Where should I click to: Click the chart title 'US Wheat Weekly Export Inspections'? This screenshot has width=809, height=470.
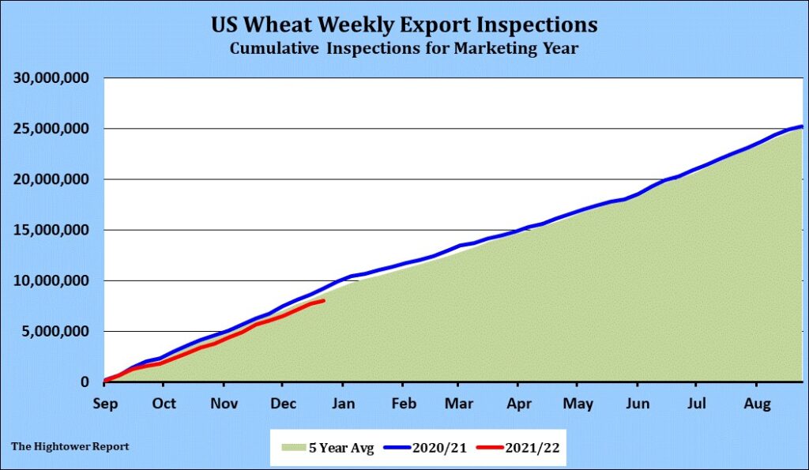[x=404, y=24]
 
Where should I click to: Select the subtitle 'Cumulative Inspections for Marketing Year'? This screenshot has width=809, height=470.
[x=404, y=48]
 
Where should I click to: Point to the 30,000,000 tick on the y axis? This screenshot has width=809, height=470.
[x=52, y=78]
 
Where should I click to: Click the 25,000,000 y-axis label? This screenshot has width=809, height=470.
[x=52, y=129]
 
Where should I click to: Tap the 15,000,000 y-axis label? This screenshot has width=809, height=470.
[x=52, y=230]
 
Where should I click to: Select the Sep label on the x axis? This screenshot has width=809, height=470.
[x=104, y=402]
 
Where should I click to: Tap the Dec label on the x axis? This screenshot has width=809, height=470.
[x=282, y=402]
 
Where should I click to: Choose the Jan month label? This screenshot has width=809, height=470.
[x=342, y=402]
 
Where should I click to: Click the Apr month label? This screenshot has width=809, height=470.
[x=517, y=402]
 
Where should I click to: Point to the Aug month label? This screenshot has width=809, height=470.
[x=756, y=402]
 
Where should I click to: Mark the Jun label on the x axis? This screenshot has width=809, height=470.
[x=638, y=402]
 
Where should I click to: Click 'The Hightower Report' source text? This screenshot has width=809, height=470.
[x=70, y=446]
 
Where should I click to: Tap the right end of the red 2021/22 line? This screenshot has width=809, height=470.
[x=323, y=300]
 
